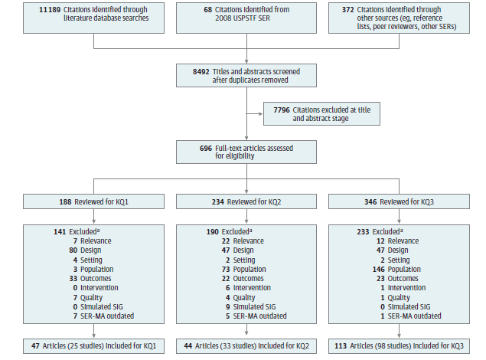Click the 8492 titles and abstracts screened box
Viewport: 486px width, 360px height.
(x=246, y=76)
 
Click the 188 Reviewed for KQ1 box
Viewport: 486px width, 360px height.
(x=93, y=202)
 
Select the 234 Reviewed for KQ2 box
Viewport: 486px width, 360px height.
(x=246, y=202)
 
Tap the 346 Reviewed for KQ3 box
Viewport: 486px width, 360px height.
(x=400, y=202)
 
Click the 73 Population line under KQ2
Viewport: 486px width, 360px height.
(x=236, y=270)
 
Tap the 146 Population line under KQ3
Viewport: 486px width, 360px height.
(x=390, y=270)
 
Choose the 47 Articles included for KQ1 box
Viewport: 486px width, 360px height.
(x=93, y=345)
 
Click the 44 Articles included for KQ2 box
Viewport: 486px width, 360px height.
(x=246, y=345)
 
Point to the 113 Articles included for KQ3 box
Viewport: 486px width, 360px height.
(x=400, y=345)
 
